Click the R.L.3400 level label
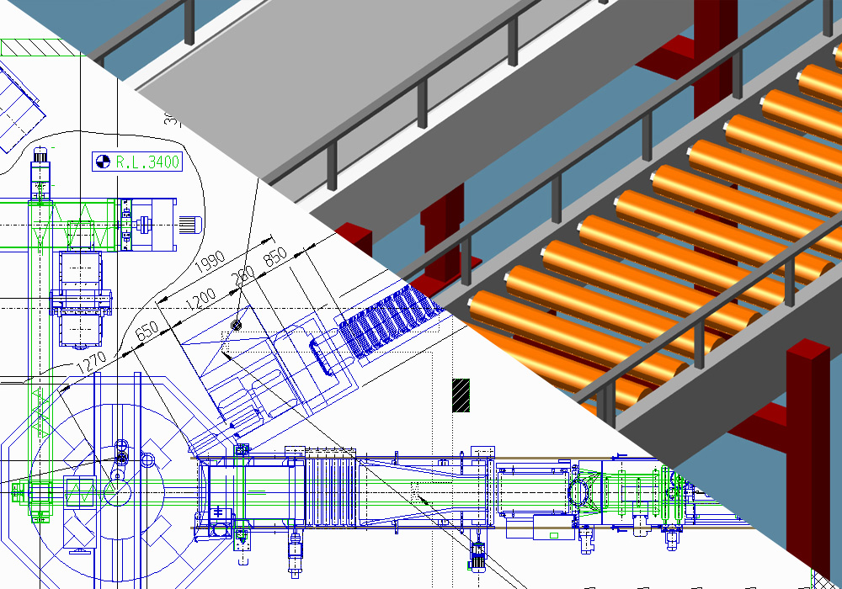click(148, 162)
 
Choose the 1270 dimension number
click(93, 363)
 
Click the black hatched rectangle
click(461, 395)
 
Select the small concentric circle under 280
click(236, 325)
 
